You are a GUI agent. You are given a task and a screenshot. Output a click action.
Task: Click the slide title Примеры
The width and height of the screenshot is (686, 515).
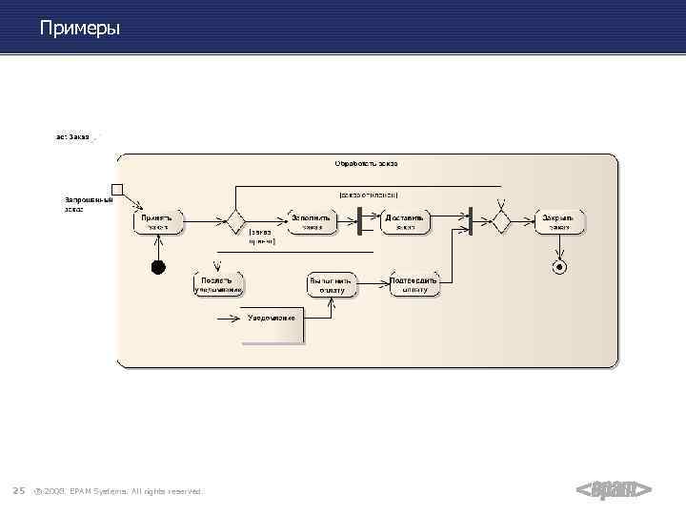80,29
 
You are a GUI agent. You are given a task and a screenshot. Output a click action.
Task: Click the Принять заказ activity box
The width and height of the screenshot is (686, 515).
157,222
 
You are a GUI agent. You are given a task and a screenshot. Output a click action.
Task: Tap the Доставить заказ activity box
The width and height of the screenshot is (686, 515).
405,222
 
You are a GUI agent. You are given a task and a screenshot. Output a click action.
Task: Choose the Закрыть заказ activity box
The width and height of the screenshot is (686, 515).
558,222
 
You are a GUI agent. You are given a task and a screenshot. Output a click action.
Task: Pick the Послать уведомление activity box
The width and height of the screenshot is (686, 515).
218,284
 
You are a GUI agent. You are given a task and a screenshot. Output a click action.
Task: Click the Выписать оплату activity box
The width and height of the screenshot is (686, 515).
331,284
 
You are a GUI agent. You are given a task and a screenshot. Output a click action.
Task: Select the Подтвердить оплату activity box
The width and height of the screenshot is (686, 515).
414,284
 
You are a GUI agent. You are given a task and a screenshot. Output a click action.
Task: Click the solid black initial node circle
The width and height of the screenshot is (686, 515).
159,267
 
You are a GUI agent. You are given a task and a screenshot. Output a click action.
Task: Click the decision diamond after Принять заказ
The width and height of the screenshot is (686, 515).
234,221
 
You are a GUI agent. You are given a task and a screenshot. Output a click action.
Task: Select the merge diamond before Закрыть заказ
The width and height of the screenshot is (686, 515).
500,221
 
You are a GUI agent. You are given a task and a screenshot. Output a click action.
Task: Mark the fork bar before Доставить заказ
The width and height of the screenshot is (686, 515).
359,220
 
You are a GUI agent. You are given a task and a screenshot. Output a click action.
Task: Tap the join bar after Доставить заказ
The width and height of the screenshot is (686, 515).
470,220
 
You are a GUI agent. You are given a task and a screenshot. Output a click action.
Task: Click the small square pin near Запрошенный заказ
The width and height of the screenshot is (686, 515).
117,188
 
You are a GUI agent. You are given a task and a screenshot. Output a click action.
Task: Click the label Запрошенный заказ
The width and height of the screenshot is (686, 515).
88,204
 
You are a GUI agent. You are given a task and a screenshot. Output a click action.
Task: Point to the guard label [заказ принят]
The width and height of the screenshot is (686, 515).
261,237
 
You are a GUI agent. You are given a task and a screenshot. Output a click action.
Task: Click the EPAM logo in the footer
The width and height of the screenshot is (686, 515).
614,489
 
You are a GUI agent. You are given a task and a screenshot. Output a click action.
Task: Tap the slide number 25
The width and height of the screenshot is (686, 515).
18,491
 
